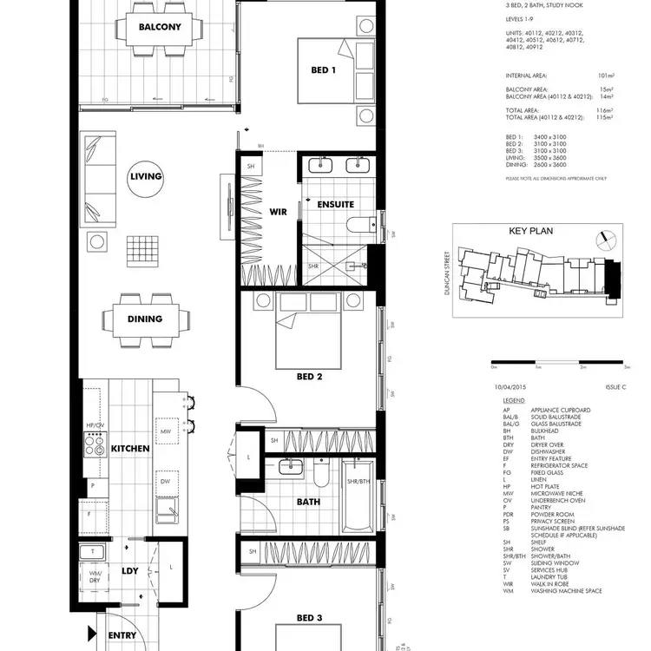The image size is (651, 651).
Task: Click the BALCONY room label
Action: (160, 26)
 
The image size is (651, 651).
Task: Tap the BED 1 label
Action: (323, 70)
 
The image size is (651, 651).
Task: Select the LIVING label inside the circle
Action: (146, 176)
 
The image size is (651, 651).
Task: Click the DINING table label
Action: (145, 319)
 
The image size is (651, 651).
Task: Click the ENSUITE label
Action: (336, 205)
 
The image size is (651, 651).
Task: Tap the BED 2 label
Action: (310, 377)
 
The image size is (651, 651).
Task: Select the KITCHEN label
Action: (131, 449)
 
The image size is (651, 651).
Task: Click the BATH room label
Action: (308, 502)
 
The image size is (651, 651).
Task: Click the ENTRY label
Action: (122, 635)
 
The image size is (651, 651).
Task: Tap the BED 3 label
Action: (310, 618)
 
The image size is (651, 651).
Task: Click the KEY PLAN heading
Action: (530, 232)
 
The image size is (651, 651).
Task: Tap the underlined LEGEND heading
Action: (513, 402)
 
